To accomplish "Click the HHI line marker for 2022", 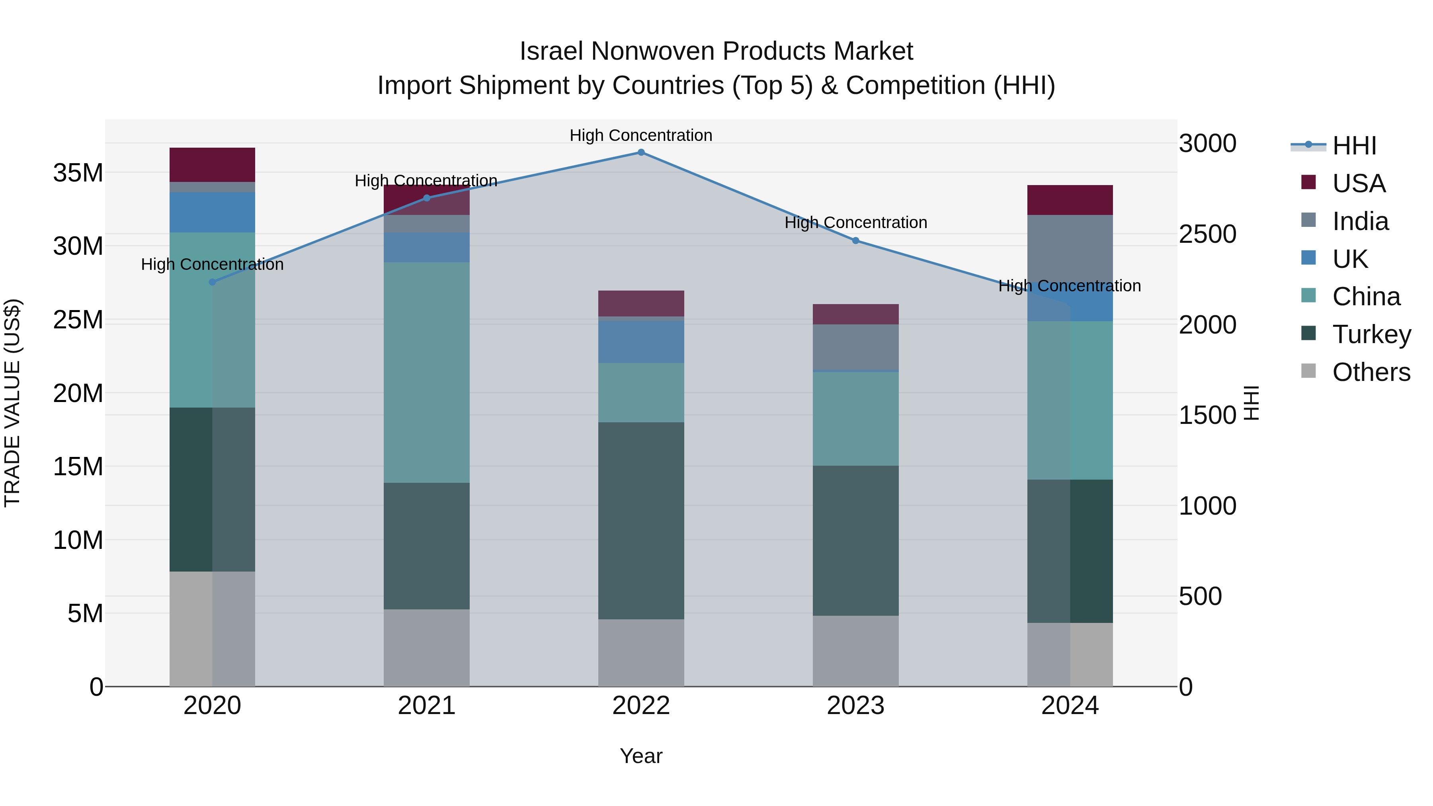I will tap(641, 152).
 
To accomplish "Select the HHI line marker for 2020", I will tap(212, 282).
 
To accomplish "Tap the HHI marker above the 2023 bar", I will tap(855, 241).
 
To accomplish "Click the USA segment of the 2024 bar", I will tap(1070, 200).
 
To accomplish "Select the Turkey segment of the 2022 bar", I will tap(641, 520).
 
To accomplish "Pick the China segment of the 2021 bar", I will tap(427, 372).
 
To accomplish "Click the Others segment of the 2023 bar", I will tap(855, 651).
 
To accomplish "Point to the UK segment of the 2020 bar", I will tap(212, 213).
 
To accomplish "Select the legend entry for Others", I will tap(1371, 372).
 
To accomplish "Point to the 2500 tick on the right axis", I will tap(1207, 234).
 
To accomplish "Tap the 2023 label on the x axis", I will tap(855, 706).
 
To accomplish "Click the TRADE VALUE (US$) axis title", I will tap(13, 403).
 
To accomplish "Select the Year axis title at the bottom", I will tap(641, 756).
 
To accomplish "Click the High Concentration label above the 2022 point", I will tap(641, 135).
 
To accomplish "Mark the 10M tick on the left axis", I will tap(78, 540).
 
